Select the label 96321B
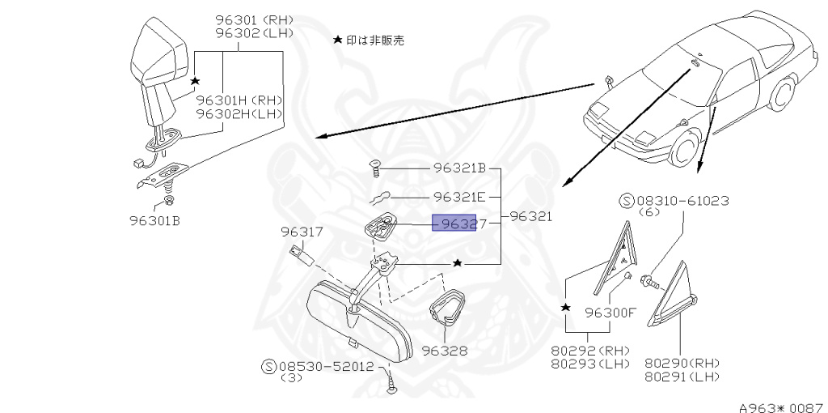458,169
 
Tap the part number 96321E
458,197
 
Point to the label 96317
302,232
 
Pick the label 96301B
154,219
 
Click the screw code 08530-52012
327,366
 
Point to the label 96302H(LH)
239,113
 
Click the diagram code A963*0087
779,405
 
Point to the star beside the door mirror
195,81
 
